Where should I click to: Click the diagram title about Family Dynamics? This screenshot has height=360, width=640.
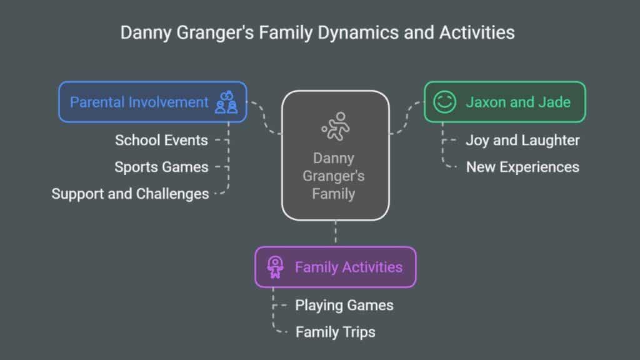(x=317, y=33)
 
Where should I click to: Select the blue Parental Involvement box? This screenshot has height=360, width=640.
(x=152, y=102)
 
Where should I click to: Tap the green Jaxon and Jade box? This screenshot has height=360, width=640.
(x=505, y=102)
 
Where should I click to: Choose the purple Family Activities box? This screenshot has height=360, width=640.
(x=336, y=267)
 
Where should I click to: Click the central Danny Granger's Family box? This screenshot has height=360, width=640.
(x=335, y=156)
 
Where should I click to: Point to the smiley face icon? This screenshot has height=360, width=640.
(x=444, y=102)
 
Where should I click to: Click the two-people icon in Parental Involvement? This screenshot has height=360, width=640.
(x=226, y=102)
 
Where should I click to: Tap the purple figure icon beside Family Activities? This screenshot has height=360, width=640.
(x=275, y=267)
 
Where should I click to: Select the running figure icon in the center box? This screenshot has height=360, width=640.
(x=336, y=126)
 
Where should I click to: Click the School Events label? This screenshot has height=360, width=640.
(x=161, y=141)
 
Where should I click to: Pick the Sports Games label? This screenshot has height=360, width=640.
(x=161, y=167)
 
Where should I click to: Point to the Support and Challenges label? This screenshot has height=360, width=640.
(x=130, y=194)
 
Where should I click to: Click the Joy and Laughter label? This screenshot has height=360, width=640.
(x=522, y=141)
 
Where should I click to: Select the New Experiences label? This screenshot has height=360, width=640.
(x=522, y=167)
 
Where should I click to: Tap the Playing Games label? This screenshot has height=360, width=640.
(x=344, y=305)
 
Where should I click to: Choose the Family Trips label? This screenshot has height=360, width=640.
(x=335, y=332)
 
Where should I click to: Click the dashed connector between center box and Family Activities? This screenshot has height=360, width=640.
(x=336, y=234)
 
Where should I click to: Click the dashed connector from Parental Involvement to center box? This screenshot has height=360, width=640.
(x=264, y=117)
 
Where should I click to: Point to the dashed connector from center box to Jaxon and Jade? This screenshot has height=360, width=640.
(x=406, y=117)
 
